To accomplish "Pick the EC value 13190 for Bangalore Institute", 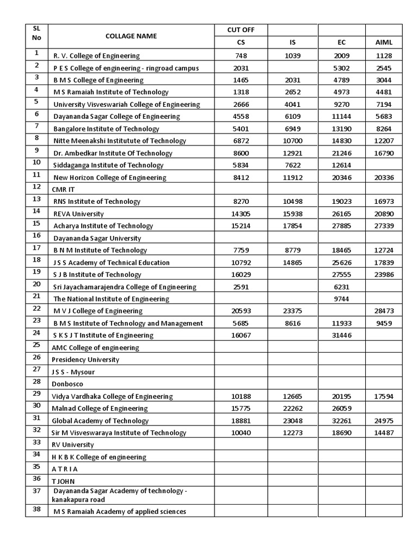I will point(341,129).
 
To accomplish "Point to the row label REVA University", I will point(78,214).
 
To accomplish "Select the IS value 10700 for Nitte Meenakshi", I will point(292,141).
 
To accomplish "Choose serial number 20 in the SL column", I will point(36,284).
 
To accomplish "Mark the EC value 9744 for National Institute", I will point(341,299).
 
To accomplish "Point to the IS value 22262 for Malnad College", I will point(292,408).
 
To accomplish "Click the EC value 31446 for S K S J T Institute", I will point(341,335).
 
